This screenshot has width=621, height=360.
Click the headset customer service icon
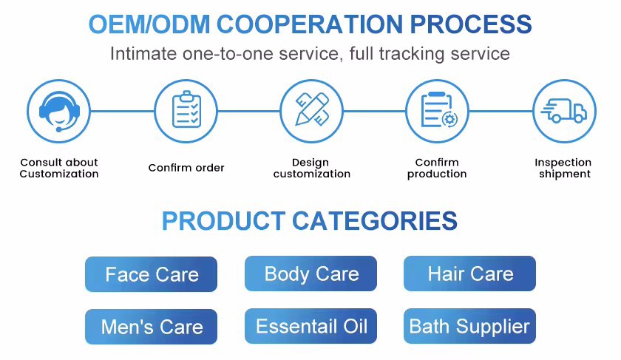[59, 111]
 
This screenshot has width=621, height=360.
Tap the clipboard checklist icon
[186, 111]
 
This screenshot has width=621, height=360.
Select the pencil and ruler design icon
[311, 111]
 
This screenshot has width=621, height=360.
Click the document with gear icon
[438, 111]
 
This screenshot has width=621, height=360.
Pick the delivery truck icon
[564, 111]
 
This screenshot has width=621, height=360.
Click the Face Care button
[152, 275]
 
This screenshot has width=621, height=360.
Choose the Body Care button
[311, 274]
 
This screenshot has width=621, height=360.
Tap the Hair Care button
[470, 274]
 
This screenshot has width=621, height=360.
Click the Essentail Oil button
[311, 327]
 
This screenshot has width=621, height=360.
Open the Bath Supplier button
[470, 327]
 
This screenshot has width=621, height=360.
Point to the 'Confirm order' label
[186, 168]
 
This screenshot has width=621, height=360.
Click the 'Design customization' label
[311, 168]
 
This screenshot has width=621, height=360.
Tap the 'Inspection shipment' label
[563, 168]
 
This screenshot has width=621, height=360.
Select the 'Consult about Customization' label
[59, 168]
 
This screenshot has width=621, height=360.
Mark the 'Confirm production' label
[437, 168]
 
